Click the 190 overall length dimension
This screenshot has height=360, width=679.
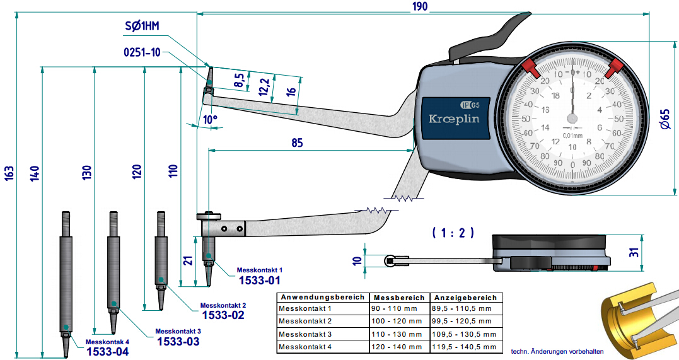[420, 6]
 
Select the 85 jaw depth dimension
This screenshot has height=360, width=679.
[296, 143]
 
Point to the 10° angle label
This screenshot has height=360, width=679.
[210, 119]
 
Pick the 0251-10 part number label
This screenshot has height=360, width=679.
[142, 52]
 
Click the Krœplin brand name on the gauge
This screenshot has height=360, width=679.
[454, 119]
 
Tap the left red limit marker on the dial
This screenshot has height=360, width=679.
[528, 66]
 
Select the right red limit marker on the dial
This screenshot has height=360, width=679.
[615, 67]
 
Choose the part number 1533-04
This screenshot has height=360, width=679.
[107, 352]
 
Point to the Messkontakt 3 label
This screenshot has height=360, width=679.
[178, 331]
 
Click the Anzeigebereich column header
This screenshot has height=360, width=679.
[465, 297]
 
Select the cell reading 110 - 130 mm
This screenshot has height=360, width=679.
[395, 334]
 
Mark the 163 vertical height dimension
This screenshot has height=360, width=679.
[9, 173]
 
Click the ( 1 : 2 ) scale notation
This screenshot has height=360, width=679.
[453, 233]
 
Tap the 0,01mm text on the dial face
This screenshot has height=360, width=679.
[572, 134]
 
